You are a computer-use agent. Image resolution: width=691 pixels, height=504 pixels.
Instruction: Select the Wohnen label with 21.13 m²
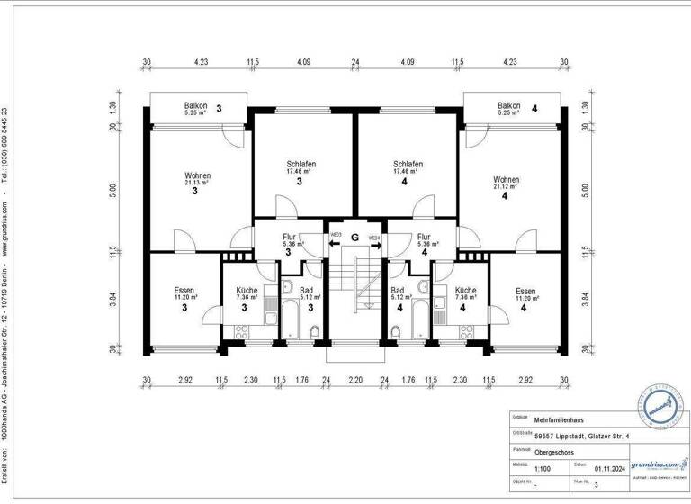(197, 177)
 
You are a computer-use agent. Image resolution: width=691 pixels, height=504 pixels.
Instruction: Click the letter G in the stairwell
(355, 238)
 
